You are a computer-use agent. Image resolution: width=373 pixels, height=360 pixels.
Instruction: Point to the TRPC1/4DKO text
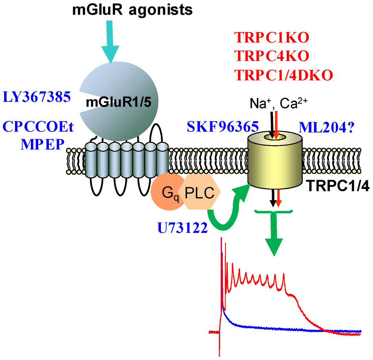[284, 75]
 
